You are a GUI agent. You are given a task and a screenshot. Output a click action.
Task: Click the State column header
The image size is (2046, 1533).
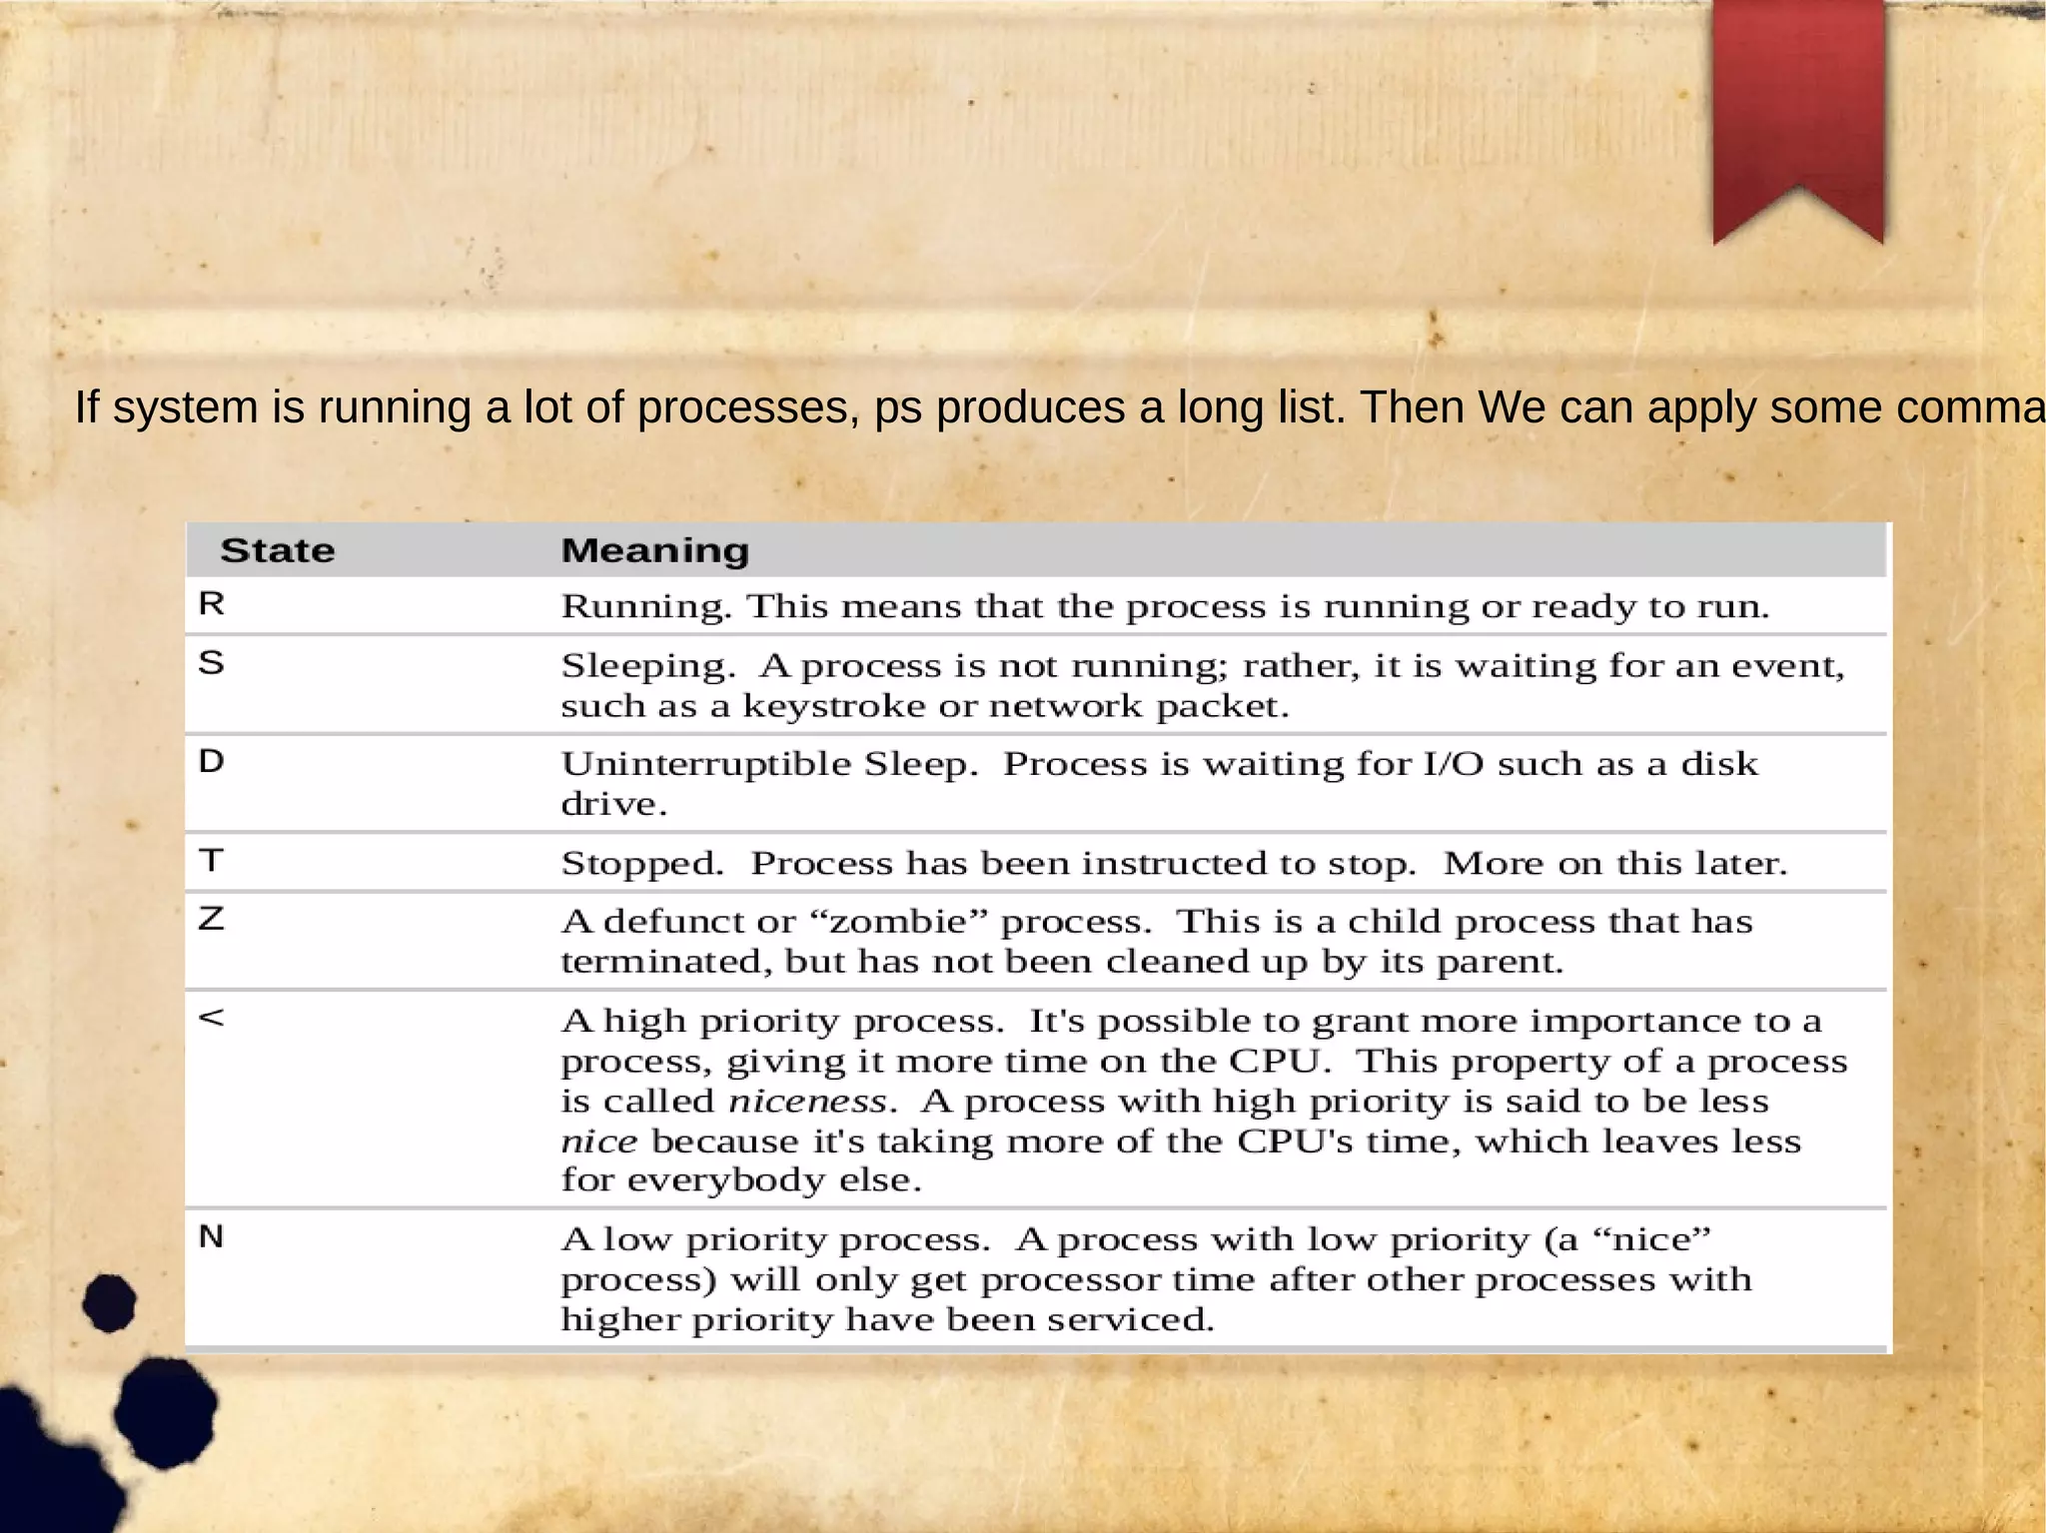[277, 550]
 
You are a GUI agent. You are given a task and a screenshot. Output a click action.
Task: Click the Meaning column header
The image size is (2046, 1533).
[654, 550]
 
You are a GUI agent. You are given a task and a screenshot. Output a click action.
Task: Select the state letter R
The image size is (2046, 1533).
[212, 604]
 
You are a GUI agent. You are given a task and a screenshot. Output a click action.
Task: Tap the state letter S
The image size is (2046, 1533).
[212, 662]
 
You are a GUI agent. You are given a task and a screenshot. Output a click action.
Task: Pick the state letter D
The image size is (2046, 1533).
[212, 761]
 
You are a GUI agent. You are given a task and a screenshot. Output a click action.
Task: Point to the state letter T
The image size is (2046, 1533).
[212, 860]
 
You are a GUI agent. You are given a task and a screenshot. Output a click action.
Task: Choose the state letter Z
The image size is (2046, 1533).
[212, 918]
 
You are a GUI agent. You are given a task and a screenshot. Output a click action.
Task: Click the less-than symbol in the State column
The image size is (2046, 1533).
[212, 1018]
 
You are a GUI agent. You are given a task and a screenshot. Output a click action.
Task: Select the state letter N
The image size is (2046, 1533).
[212, 1236]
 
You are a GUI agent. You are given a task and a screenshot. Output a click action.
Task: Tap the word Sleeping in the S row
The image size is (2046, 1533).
[647, 666]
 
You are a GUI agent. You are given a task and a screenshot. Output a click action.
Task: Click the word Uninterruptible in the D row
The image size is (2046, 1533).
[705, 764]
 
